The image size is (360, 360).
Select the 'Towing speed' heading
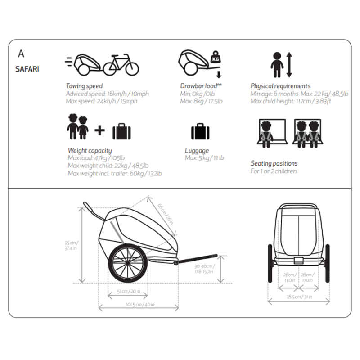click(84, 86)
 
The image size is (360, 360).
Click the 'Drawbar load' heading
click(201, 86)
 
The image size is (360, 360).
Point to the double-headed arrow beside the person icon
click(289, 64)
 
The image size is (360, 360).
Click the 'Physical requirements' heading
click(280, 86)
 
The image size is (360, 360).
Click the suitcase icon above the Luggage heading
click(200, 132)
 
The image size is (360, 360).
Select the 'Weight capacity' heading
click(90, 150)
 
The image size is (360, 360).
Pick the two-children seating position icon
click(310, 134)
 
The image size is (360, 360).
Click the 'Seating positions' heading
click(274, 163)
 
